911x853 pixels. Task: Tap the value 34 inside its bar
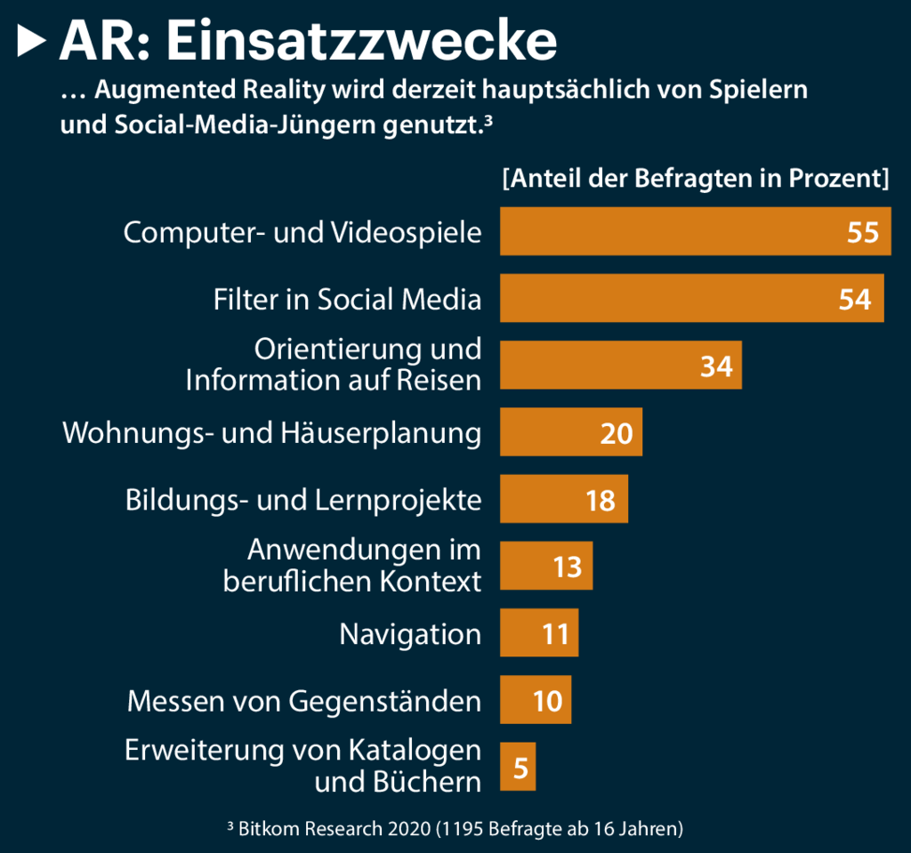(x=716, y=366)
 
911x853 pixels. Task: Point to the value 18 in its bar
(x=601, y=500)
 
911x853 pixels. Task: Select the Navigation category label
(x=410, y=634)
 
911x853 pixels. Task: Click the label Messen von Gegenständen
(x=304, y=701)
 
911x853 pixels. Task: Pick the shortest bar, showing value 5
(x=518, y=767)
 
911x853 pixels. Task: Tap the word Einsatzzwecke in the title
(x=361, y=40)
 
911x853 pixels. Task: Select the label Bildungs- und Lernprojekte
(x=304, y=500)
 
